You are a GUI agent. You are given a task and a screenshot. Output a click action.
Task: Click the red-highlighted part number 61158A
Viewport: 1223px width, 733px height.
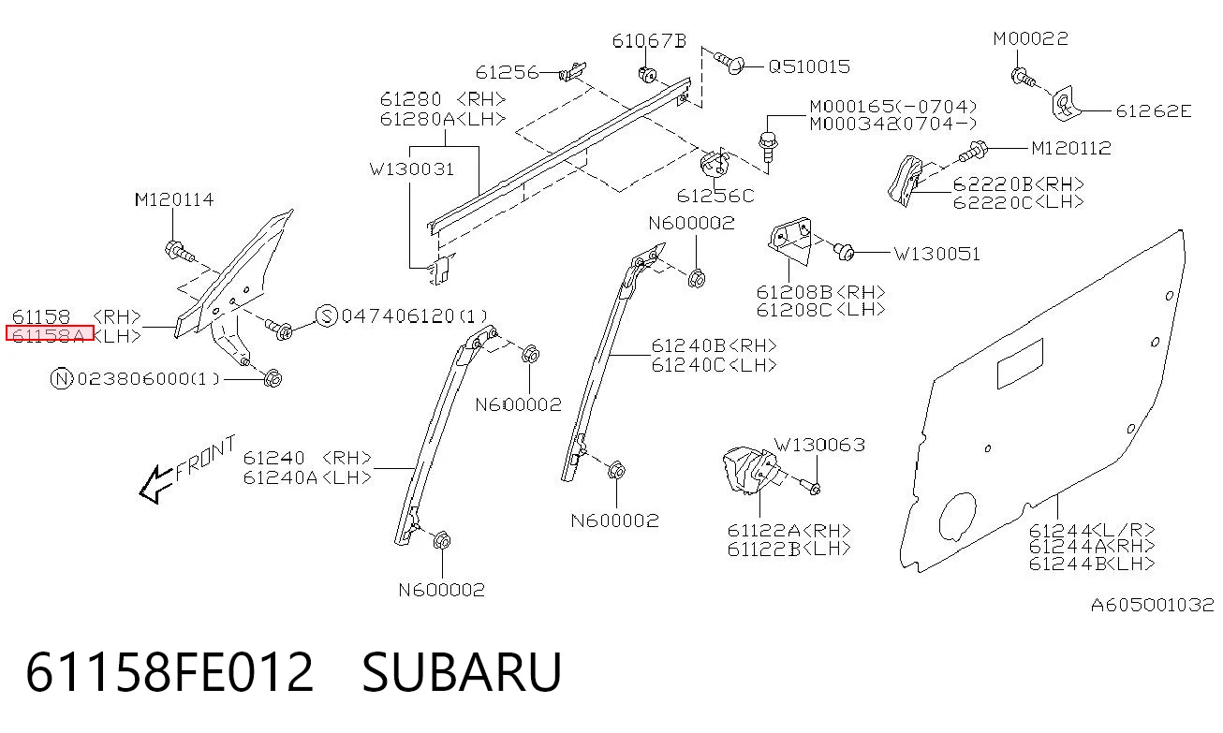(49, 333)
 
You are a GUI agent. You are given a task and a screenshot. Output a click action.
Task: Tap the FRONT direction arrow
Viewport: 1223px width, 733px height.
(156, 484)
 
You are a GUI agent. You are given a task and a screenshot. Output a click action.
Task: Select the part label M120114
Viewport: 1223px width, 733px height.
(174, 199)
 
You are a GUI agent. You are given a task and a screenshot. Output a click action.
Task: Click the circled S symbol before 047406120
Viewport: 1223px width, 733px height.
(327, 316)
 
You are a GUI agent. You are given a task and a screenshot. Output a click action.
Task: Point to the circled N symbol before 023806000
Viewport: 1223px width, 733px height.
(61, 378)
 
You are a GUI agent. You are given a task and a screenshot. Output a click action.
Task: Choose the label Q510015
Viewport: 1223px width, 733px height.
(809, 66)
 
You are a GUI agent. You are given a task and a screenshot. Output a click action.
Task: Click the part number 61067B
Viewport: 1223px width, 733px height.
(649, 41)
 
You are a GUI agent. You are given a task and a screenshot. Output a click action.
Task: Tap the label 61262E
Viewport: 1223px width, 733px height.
(1153, 111)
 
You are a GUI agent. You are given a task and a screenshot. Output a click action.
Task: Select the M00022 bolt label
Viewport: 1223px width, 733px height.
(1030, 38)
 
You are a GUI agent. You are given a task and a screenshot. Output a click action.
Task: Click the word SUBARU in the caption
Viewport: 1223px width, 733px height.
(462, 672)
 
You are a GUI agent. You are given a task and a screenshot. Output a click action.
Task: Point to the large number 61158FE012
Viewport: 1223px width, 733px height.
(169, 672)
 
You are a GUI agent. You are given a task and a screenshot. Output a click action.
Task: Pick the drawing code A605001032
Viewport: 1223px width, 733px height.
(1152, 605)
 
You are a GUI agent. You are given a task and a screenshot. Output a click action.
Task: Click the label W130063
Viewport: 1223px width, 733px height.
(819, 445)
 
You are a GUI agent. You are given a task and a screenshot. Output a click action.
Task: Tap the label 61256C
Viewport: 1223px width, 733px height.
(715, 196)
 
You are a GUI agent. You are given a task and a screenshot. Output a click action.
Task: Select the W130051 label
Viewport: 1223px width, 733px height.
(936, 254)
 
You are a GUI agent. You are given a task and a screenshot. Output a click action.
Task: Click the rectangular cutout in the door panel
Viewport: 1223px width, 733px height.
(1020, 363)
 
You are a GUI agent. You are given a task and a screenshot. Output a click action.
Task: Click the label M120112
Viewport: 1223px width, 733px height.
(1070, 148)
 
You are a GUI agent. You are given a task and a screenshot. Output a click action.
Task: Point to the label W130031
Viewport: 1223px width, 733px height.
(412, 169)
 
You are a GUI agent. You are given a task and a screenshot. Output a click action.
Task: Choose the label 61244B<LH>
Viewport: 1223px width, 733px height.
(1091, 564)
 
